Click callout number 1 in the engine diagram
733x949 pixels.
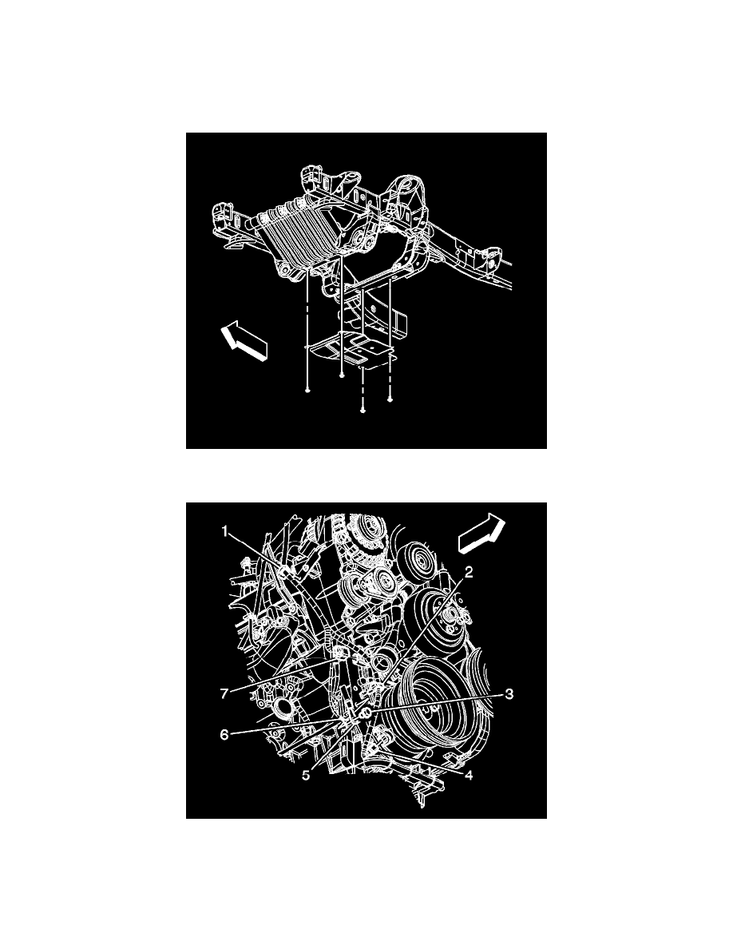(225, 532)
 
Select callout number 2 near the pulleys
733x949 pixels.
(468, 572)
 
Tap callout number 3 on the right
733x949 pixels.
(509, 693)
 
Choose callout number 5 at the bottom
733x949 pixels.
(306, 776)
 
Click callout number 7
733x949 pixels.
(224, 693)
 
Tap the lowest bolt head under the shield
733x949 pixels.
(363, 411)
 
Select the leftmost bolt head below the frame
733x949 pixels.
(308, 391)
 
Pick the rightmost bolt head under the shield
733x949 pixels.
(390, 399)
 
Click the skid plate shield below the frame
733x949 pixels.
(351, 351)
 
